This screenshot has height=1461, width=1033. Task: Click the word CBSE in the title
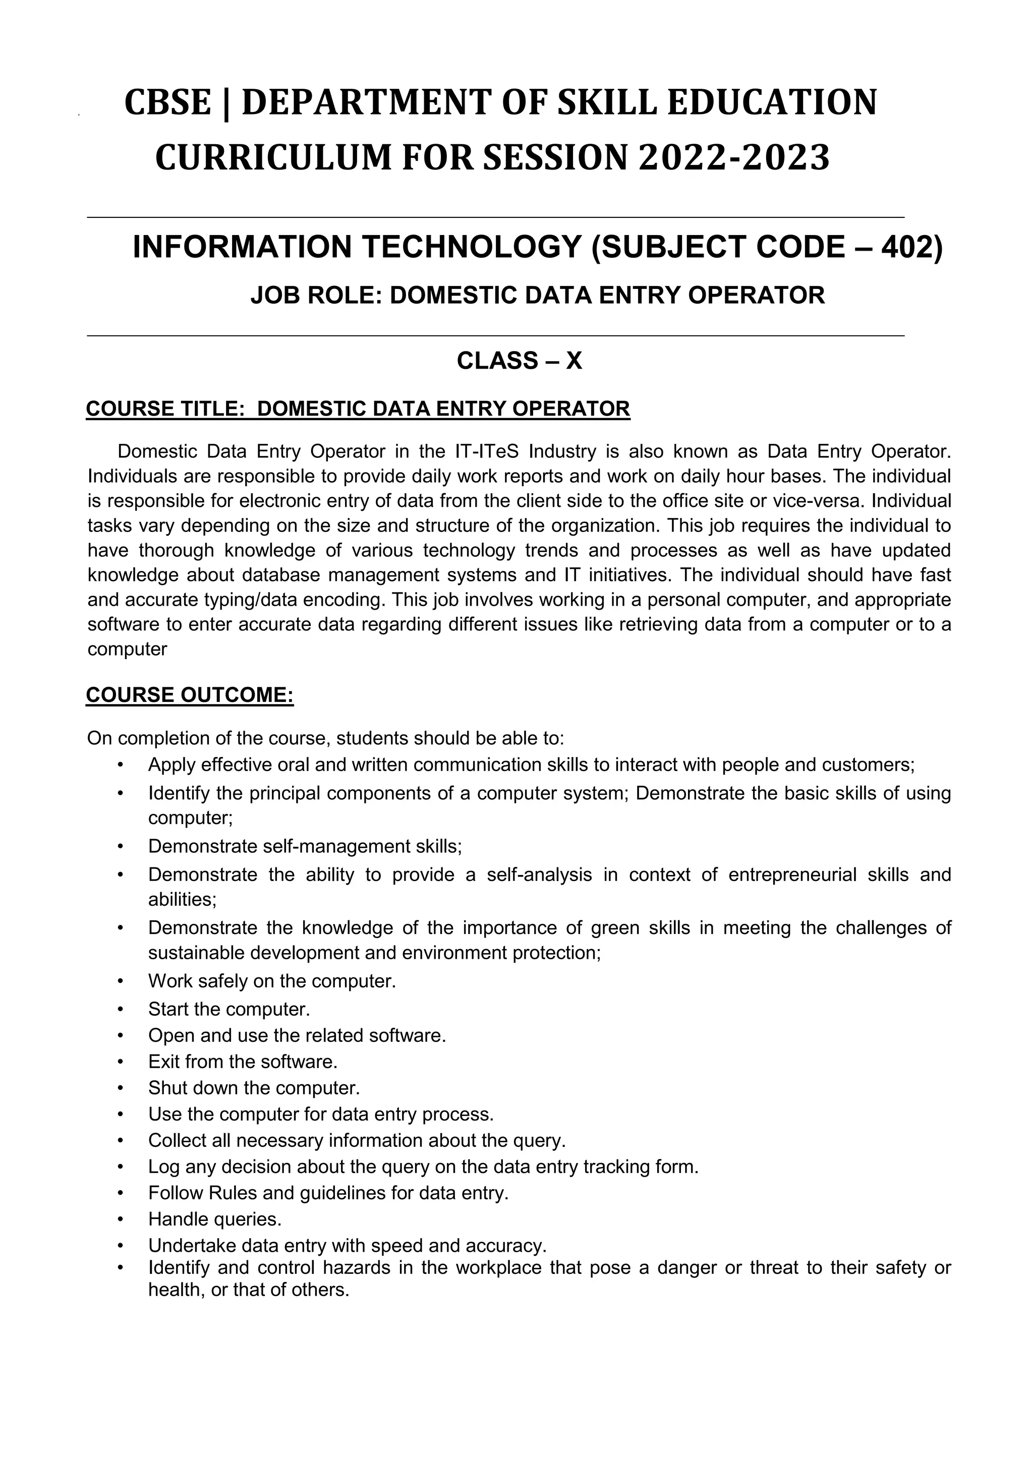[167, 102]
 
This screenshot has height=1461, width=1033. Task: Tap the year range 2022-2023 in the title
[734, 158]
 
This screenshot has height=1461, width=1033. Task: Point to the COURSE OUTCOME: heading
[190, 695]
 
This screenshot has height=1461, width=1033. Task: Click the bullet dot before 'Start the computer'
[120, 1009]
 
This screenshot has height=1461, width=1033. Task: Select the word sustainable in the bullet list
[197, 953]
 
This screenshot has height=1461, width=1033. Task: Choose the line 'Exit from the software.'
[243, 1062]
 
